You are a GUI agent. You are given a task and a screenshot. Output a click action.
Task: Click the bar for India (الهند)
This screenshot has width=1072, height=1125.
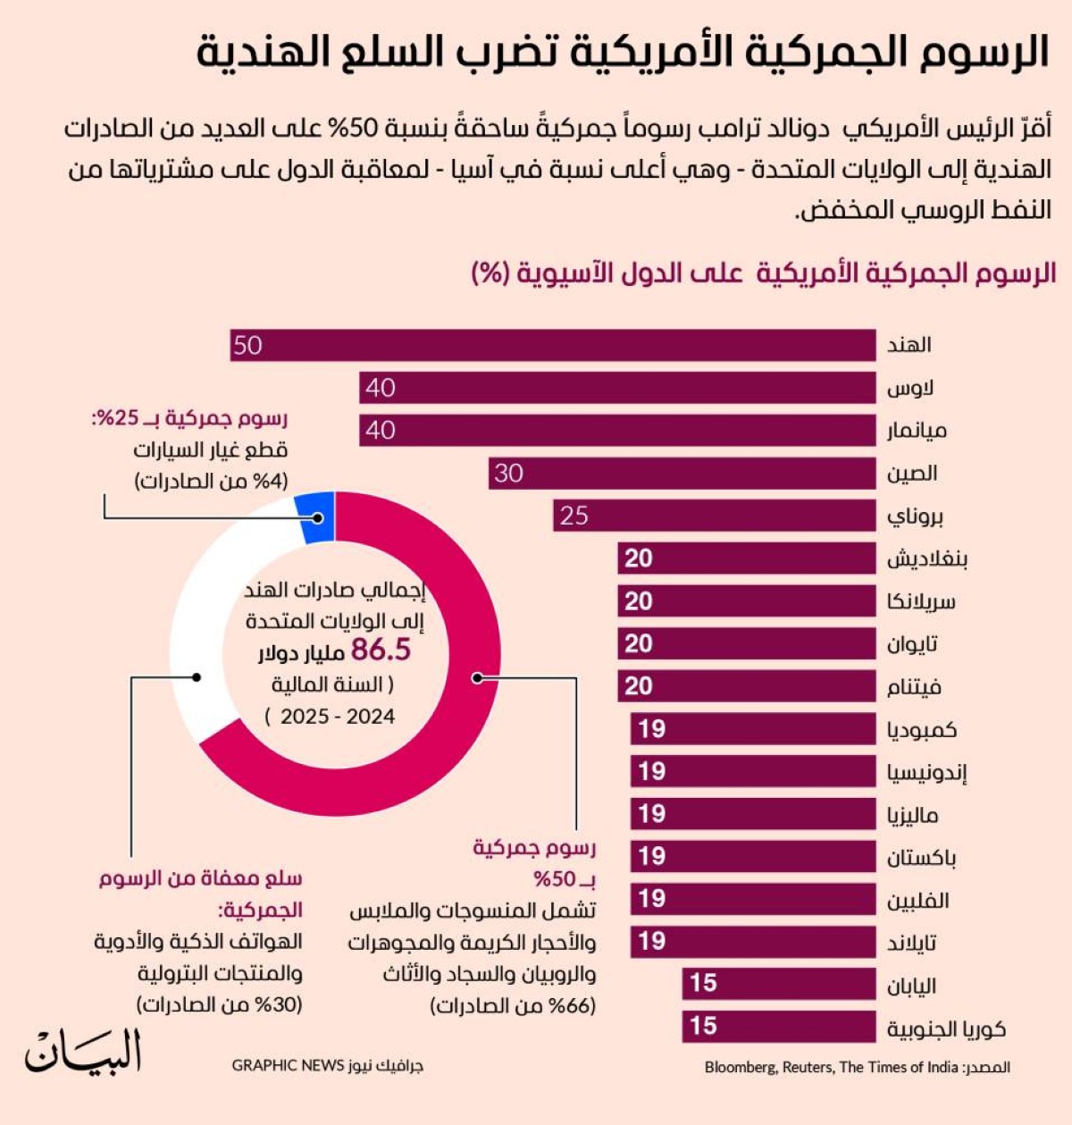(554, 345)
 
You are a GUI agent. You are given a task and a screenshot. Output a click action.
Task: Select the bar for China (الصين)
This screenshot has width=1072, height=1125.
(683, 474)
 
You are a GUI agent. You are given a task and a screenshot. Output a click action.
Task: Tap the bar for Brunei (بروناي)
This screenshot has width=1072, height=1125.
(715, 516)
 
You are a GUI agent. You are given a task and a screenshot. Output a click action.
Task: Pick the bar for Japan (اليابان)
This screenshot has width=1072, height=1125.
(779, 984)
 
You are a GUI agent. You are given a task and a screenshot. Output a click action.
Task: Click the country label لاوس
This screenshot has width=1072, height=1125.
(910, 388)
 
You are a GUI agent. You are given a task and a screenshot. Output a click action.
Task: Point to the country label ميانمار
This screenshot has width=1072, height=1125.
(917, 431)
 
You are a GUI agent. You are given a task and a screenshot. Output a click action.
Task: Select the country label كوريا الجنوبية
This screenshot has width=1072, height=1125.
(946, 1028)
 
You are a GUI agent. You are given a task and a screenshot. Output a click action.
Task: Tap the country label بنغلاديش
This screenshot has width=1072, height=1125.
(926, 559)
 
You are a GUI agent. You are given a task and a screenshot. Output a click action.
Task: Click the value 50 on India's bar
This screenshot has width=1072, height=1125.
(247, 345)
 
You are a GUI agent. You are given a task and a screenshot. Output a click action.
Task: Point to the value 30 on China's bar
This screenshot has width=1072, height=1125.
(508, 474)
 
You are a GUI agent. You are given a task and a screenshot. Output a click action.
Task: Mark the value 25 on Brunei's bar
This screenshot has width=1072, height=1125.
(574, 516)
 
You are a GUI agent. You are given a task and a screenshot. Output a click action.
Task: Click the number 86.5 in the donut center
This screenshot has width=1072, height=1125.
(381, 651)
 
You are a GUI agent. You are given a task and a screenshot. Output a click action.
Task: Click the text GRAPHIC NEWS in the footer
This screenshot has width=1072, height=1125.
(288, 1065)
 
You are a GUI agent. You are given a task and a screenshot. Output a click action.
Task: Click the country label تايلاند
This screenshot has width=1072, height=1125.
(911, 942)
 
